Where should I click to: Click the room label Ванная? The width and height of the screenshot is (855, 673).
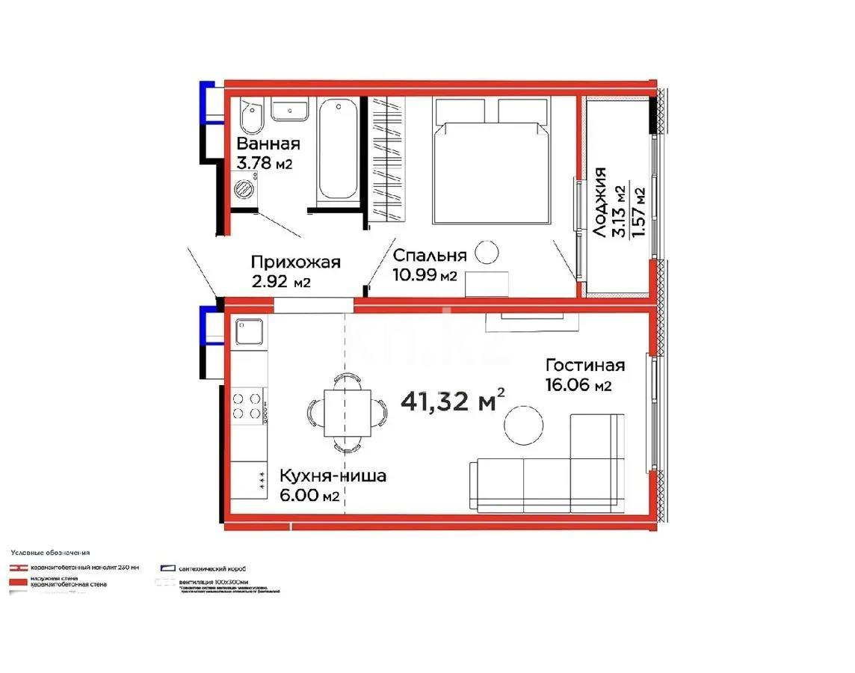point(268,144)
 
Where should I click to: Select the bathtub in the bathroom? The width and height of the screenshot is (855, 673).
point(339,152)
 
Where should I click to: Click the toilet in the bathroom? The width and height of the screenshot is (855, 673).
point(250,118)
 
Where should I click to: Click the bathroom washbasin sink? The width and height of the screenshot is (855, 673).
point(288,111)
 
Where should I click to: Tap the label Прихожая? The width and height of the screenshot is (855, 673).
point(296,262)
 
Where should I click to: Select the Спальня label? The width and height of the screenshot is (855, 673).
point(430,255)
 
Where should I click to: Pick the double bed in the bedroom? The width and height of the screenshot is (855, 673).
point(491,161)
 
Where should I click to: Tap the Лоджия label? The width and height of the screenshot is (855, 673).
point(600,203)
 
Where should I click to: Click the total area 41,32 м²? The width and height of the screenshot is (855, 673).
point(453,402)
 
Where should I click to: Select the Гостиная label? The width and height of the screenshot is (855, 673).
point(584,366)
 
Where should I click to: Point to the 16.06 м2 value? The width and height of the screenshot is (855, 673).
point(578,385)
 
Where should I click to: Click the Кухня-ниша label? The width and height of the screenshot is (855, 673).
point(333,476)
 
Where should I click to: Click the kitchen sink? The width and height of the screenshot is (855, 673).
point(248,331)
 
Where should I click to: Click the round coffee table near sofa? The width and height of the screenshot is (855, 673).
point(523,427)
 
